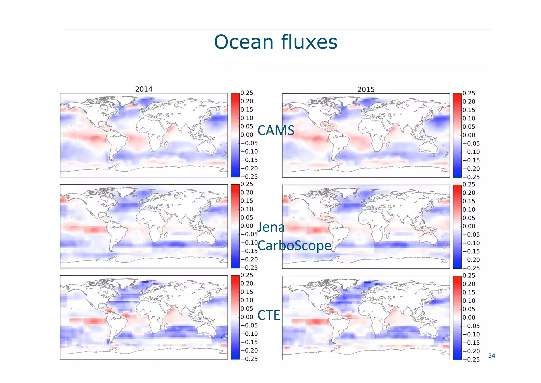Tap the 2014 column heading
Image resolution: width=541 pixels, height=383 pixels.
(144, 89)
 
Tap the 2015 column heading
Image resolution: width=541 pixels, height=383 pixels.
(366, 89)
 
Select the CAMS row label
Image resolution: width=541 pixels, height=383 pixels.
(276, 130)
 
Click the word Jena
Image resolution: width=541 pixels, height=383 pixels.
(271, 227)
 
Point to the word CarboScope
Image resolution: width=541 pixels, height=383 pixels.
(294, 245)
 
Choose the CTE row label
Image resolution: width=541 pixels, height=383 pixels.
(268, 315)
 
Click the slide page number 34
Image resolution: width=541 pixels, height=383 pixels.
(492, 356)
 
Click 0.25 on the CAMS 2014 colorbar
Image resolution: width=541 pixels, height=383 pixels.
(247, 93)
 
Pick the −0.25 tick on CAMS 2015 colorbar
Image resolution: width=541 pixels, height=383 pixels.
(471, 177)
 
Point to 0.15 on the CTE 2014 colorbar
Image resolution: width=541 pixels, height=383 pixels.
(247, 292)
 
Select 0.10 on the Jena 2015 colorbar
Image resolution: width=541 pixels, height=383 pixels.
(469, 209)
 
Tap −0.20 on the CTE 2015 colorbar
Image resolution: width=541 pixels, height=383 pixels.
(471, 351)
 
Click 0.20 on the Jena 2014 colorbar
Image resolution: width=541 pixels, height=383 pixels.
(247, 192)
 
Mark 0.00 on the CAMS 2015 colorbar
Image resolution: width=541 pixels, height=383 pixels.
(469, 135)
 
